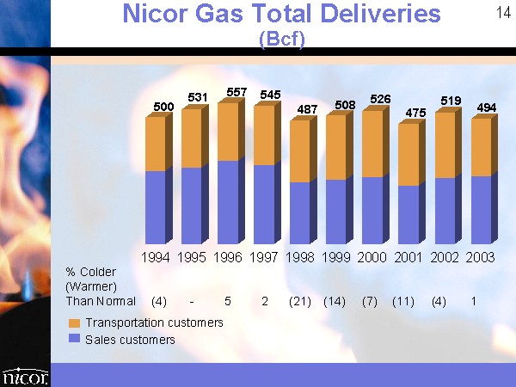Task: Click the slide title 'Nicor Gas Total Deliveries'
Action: coord(281,14)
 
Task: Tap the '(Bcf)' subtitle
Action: coord(282,40)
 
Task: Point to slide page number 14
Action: coord(503,13)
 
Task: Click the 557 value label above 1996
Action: coord(236,92)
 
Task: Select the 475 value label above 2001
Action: coord(415,113)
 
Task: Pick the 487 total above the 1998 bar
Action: coord(307,109)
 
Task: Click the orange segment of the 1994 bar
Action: coord(156,144)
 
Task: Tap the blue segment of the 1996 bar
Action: coord(228,202)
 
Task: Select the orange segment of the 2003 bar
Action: coord(481,147)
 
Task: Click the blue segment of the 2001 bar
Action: coord(408,214)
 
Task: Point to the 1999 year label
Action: coord(336,257)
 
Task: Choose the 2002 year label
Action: coord(445,257)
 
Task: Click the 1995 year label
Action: coord(192,257)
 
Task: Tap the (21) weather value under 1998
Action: coord(300,302)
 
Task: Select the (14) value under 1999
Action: coord(335,302)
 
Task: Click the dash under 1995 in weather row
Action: coord(192,302)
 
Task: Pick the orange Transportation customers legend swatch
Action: coord(74,323)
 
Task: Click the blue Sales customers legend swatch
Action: coord(74,338)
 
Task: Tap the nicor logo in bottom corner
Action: coord(25,377)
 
